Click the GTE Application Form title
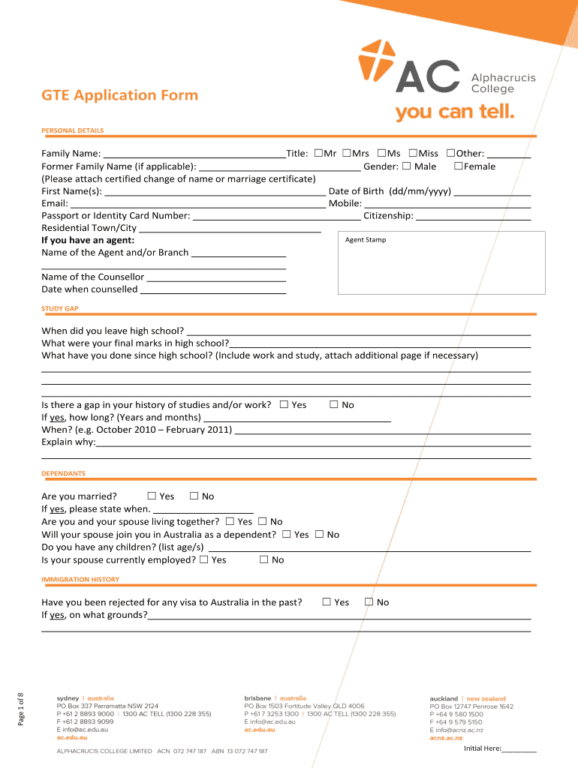coord(120,95)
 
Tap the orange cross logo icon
coord(375,60)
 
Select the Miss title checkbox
coord(413,154)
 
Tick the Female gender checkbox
coord(458,166)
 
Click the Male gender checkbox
coord(406,166)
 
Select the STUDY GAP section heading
coord(60,308)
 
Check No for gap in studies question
coord(334,405)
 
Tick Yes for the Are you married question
coord(152,496)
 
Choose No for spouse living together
coord(263,521)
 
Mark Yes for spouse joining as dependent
coord(287,535)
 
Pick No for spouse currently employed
coord(263,559)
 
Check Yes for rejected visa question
coord(327,601)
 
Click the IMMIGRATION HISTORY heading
coord(80,580)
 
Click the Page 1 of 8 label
coord(21,707)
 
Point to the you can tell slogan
coord(455,112)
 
